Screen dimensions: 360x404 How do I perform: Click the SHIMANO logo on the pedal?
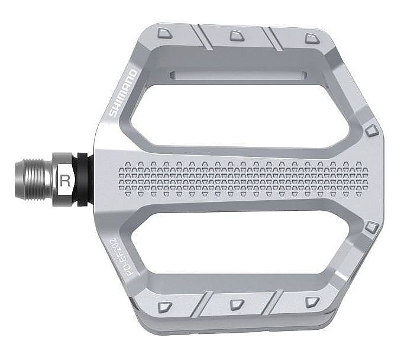pyautogui.click(x=122, y=94)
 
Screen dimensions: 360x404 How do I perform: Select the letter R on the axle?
pyautogui.click(x=65, y=181)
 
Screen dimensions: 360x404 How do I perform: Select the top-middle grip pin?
pyautogui.click(x=237, y=36)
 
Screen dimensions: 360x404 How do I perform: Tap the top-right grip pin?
pyautogui.click(x=312, y=38)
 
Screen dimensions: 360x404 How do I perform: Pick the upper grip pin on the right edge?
pyautogui.click(x=371, y=130)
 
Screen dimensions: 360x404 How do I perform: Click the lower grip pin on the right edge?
pyautogui.click(x=371, y=227)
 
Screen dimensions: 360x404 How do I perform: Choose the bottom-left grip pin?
pyautogui.click(x=165, y=307)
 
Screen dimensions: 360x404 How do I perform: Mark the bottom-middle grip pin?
pyautogui.click(x=237, y=304)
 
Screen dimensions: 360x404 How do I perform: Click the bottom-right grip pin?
pyautogui.click(x=312, y=302)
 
